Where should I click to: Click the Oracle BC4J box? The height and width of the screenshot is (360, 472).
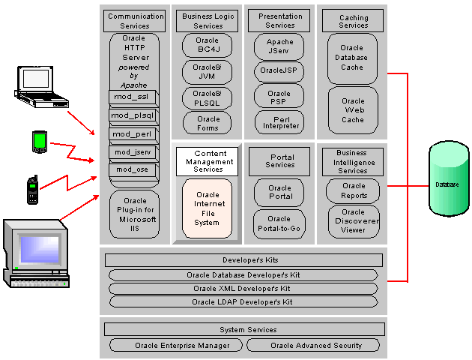coord(208,46)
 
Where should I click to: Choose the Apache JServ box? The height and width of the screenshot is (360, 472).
coord(279,47)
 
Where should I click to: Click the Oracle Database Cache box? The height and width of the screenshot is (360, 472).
coord(353,58)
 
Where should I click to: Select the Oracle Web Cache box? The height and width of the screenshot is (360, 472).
coord(353,110)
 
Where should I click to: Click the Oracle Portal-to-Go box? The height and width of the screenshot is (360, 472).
coord(279,225)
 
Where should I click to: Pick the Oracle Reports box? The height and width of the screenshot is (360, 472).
coord(353,190)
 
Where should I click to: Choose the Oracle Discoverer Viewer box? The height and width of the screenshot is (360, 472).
coord(353,221)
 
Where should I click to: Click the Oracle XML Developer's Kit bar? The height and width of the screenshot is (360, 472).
coord(243,289)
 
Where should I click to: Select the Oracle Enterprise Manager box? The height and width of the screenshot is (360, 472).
coord(177,346)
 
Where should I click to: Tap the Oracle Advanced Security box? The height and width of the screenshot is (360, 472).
coord(315,346)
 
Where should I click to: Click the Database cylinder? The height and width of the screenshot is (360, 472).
coord(447,184)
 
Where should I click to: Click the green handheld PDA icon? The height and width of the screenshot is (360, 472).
coord(40,141)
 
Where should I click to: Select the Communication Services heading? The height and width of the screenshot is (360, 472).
coord(136,20)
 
